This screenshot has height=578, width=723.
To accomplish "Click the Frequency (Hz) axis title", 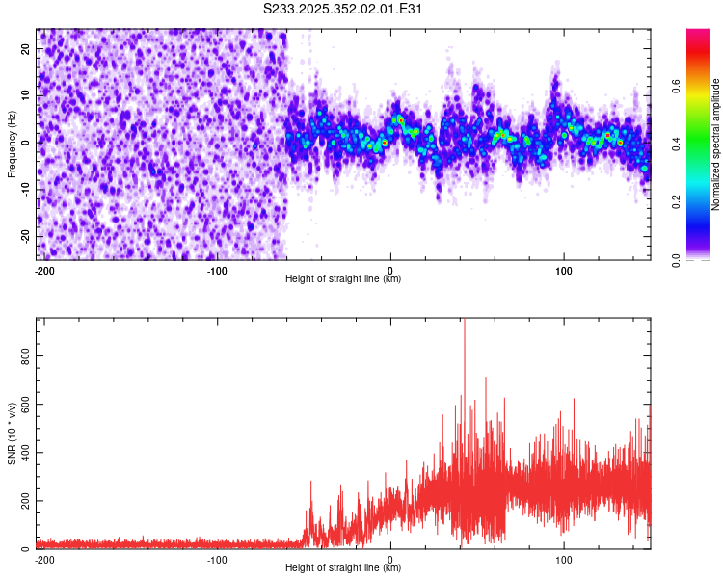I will (12, 143).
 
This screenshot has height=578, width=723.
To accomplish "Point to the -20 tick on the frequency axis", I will (24, 237).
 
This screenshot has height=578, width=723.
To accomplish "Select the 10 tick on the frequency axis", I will (26, 95).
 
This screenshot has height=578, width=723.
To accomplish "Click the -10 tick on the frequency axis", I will (24, 190).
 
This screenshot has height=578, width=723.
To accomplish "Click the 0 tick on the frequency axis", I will (29, 143).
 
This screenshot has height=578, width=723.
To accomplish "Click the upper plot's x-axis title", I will (343, 278).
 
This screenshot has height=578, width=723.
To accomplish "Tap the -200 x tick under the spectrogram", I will (43, 270).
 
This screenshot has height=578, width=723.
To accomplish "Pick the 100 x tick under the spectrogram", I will (564, 270).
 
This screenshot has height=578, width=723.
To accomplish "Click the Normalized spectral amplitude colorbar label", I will (716, 144).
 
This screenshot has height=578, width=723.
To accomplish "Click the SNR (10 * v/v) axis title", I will (13, 433).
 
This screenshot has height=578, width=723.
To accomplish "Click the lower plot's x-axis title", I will (343, 568).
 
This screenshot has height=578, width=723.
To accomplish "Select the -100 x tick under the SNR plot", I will (217, 559).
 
